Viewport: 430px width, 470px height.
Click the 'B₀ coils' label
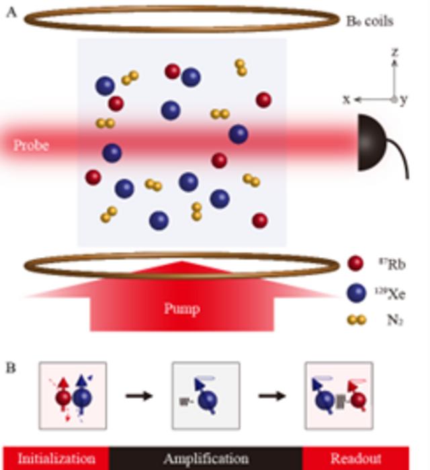point(369,21)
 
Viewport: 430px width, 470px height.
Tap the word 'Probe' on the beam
point(32,145)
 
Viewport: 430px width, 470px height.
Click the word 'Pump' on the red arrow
point(182,309)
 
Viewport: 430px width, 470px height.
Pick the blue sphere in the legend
point(355,293)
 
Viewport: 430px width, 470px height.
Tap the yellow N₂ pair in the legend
point(355,321)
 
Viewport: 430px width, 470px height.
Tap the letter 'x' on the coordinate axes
point(347,99)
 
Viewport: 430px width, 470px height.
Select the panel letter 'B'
point(11,368)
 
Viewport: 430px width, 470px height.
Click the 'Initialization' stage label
point(56,459)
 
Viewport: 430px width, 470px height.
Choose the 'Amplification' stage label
point(206,459)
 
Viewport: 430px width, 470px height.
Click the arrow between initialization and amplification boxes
point(139,395)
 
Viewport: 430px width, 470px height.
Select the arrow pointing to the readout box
point(272,395)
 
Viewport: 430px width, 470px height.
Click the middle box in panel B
point(206,395)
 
